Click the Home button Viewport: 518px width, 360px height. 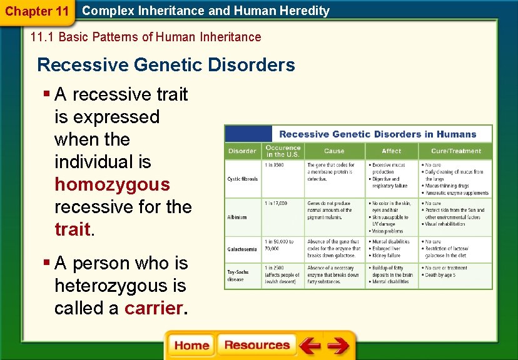(x=191, y=346)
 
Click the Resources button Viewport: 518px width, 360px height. (x=256, y=346)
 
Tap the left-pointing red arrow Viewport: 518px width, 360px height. (x=309, y=346)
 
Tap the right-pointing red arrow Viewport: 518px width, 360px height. (x=338, y=346)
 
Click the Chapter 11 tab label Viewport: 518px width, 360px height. (x=37, y=11)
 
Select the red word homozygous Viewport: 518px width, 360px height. (x=112, y=184)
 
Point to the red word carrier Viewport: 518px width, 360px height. (x=154, y=308)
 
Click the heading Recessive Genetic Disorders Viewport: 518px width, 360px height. (x=166, y=65)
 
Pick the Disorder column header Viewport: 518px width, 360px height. (x=242, y=151)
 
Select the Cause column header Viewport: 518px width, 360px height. (x=333, y=151)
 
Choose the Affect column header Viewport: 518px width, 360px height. (x=392, y=151)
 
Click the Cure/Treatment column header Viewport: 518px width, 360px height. (x=456, y=151)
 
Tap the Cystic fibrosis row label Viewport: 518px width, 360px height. (x=242, y=179)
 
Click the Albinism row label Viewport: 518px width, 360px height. (x=237, y=217)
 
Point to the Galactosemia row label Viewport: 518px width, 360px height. (x=243, y=249)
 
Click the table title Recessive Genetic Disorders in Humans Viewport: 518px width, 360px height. (x=377, y=134)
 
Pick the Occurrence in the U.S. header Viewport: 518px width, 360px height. (x=283, y=151)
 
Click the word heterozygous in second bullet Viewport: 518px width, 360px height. (x=120, y=286)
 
